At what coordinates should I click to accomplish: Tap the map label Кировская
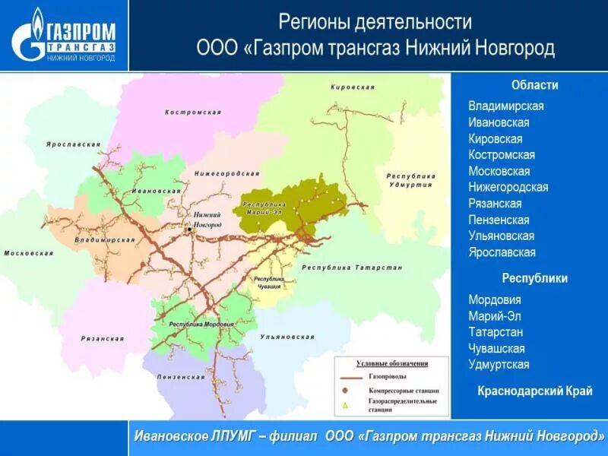tap(353, 87)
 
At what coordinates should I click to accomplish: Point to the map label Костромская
tap(193, 112)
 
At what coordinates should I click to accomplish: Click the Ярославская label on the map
tap(73, 144)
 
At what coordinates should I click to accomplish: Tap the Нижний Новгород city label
tap(207, 220)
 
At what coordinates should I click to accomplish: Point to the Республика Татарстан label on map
tap(352, 268)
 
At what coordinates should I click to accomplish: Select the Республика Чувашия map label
tap(268, 283)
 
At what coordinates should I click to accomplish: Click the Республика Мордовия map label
tap(201, 325)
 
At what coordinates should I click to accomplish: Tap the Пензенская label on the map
tap(181, 377)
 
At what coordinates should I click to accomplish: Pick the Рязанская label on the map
tap(102, 338)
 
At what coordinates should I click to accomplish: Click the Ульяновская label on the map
tap(287, 336)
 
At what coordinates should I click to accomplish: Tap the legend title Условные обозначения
tap(392, 363)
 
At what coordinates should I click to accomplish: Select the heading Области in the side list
tap(535, 85)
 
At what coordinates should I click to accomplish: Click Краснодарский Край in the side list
tap(535, 391)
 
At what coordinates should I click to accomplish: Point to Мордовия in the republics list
tap(495, 299)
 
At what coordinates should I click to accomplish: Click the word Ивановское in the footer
tap(172, 437)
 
